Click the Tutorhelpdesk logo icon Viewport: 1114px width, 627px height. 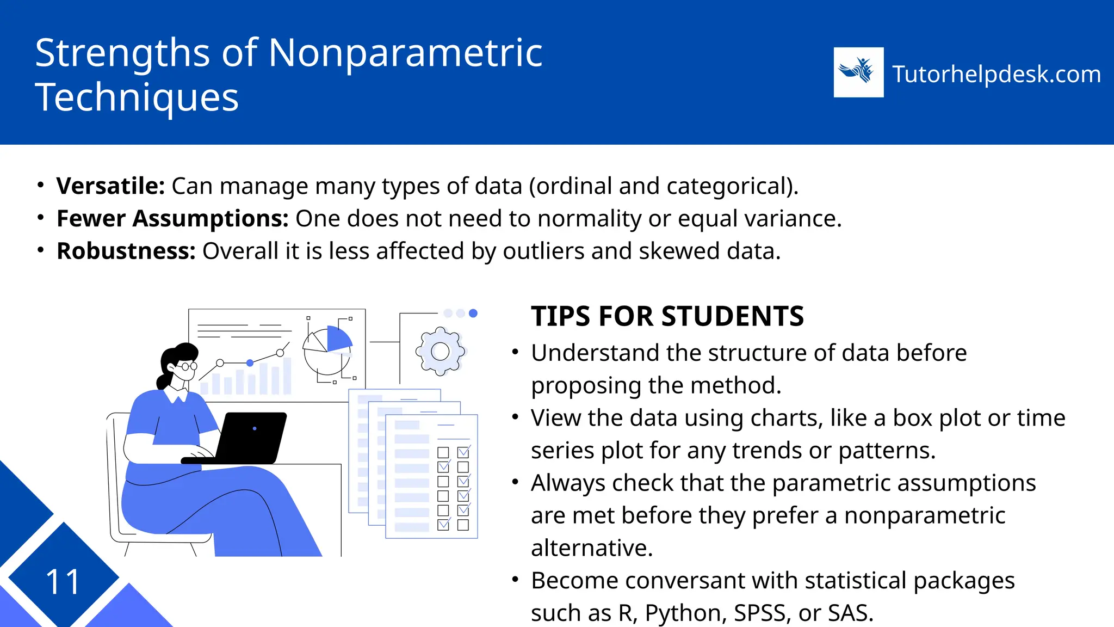[858, 72]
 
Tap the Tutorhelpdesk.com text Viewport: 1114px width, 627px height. [997, 74]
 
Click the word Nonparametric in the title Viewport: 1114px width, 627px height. [405, 53]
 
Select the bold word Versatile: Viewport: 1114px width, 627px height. [110, 186]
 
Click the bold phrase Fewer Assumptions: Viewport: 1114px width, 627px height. [172, 219]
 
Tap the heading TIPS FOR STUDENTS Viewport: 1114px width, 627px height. [667, 317]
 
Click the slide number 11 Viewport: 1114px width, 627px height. [63, 582]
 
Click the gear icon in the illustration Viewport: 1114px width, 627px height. [440, 351]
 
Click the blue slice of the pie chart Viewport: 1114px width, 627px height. [338, 339]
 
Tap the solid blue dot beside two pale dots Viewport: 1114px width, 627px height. [473, 313]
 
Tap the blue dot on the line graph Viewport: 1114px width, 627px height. [250, 362]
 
